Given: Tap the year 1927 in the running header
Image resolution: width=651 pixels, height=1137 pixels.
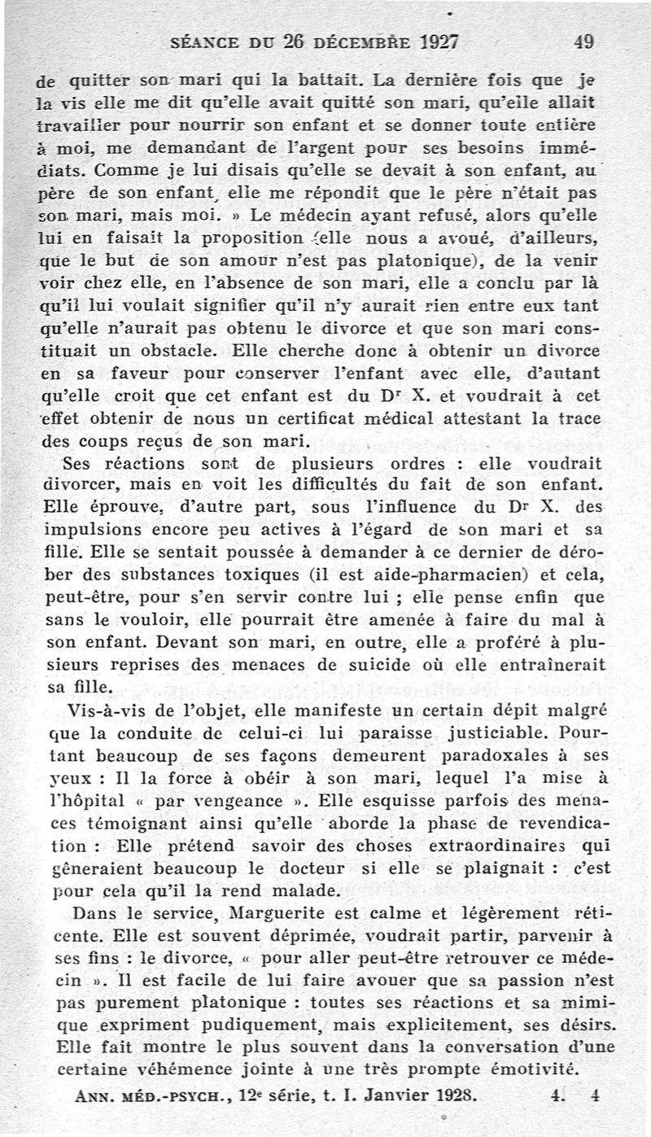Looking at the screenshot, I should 428,42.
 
